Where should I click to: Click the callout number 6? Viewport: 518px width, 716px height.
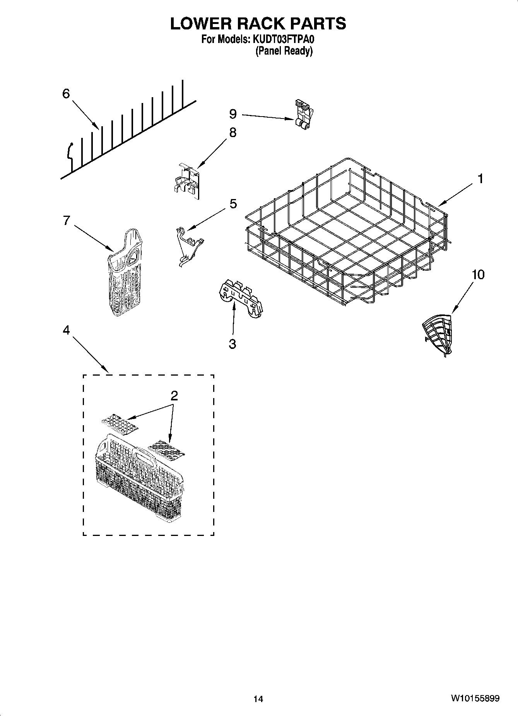click(66, 94)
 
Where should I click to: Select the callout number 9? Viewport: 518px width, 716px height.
click(233, 114)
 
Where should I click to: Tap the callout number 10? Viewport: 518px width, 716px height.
click(478, 275)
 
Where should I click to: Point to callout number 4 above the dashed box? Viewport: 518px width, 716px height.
click(66, 330)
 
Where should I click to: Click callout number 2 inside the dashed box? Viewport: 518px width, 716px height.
click(174, 396)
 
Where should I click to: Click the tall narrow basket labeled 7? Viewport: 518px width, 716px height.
click(125, 273)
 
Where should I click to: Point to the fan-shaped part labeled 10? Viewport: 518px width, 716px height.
click(438, 333)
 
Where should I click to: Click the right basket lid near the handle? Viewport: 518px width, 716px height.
click(167, 450)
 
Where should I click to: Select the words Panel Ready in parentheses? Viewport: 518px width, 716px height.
click(284, 51)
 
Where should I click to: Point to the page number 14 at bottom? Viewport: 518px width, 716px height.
click(258, 699)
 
